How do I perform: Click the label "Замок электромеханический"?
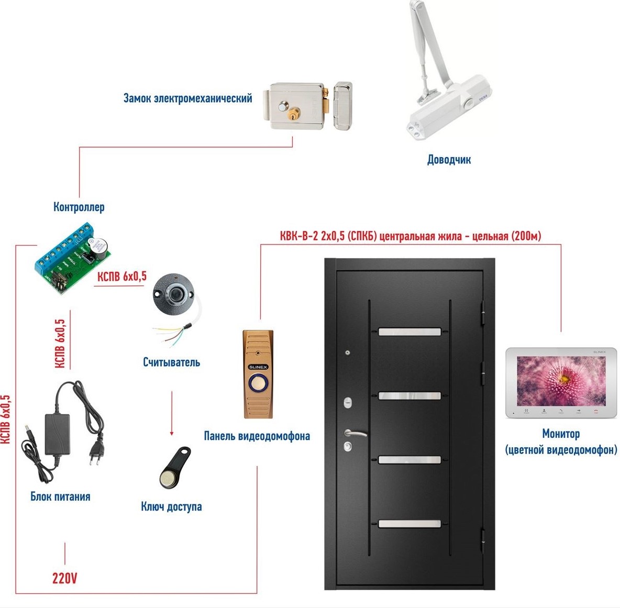click(187, 98)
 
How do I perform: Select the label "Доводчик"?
click(449, 160)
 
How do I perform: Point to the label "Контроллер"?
click(79, 207)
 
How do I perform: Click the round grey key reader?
click(173, 293)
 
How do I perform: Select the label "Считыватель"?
click(171, 362)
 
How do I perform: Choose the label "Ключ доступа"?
click(171, 506)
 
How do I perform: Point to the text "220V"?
click(65, 578)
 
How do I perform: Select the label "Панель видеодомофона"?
click(257, 436)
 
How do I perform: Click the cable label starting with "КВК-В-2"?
click(410, 236)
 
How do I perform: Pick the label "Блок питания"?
click(60, 496)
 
